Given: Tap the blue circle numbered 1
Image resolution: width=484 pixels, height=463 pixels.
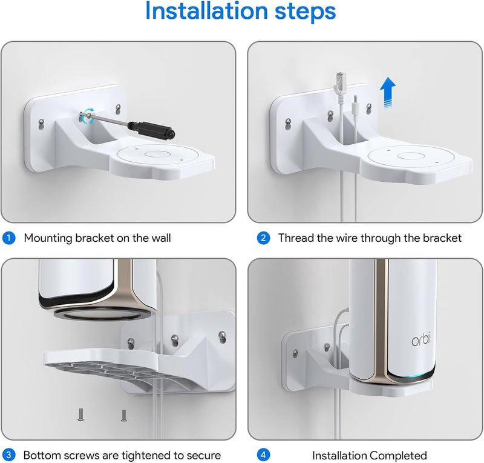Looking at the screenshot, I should [9, 238].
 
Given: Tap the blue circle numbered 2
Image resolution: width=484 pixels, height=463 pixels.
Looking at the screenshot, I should [263, 238].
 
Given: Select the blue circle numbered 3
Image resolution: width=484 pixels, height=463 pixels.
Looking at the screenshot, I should [9, 455].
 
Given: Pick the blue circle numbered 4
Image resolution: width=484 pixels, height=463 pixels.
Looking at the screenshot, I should [263, 455].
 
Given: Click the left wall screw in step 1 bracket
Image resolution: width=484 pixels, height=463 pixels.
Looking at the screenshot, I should [39, 124].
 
